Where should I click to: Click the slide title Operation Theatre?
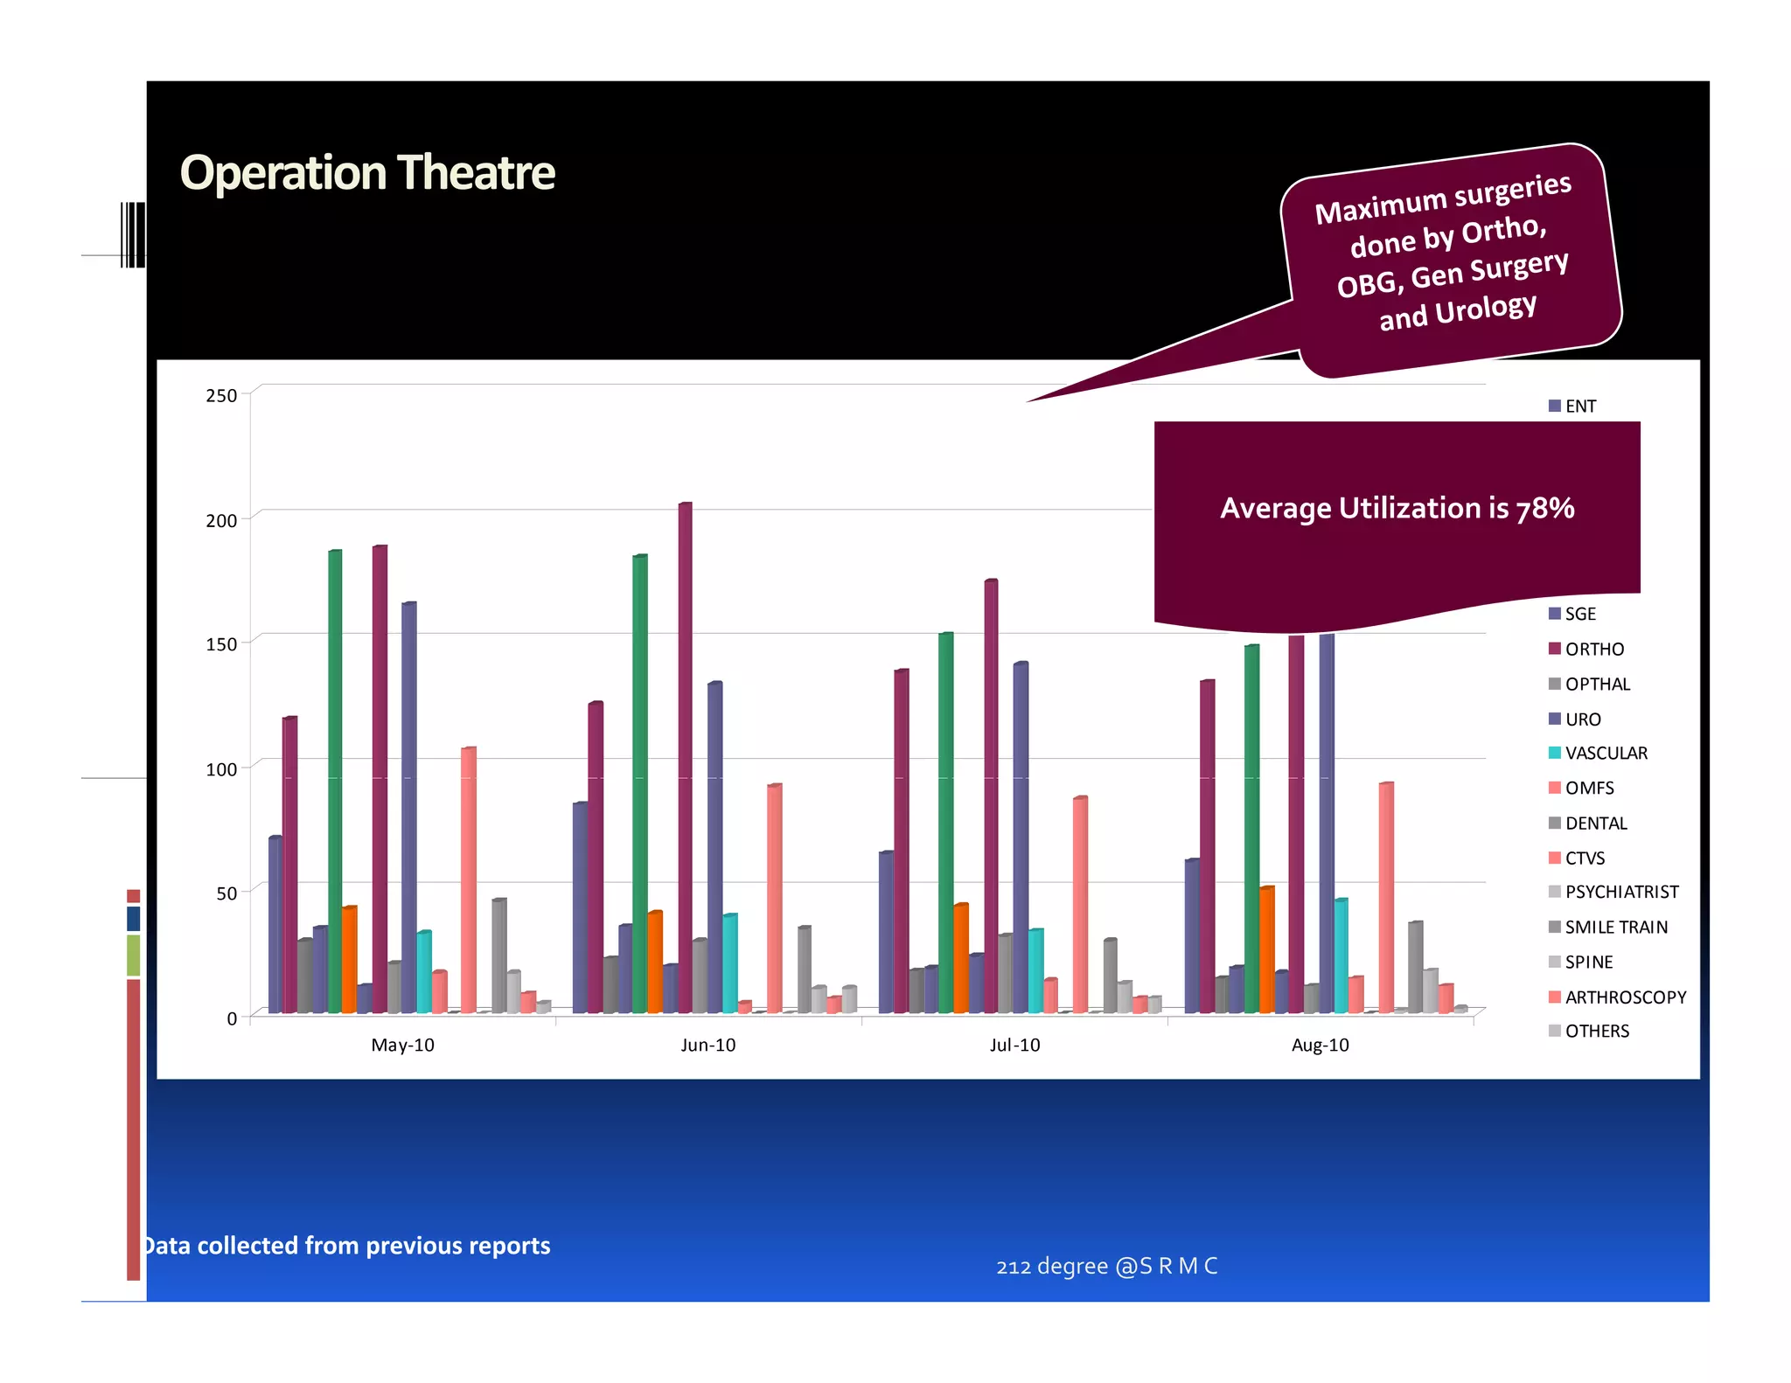click(367, 172)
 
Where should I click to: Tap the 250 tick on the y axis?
click(221, 396)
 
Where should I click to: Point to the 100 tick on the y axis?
click(221, 769)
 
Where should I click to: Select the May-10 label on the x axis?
click(402, 1046)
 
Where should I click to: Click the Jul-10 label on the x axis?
click(1014, 1046)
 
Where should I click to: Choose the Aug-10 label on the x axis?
click(1320, 1046)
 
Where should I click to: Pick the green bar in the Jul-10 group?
click(945, 822)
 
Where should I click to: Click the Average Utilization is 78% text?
click(1397, 509)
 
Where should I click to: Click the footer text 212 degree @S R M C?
click(1106, 1267)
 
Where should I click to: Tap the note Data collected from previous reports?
click(346, 1246)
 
